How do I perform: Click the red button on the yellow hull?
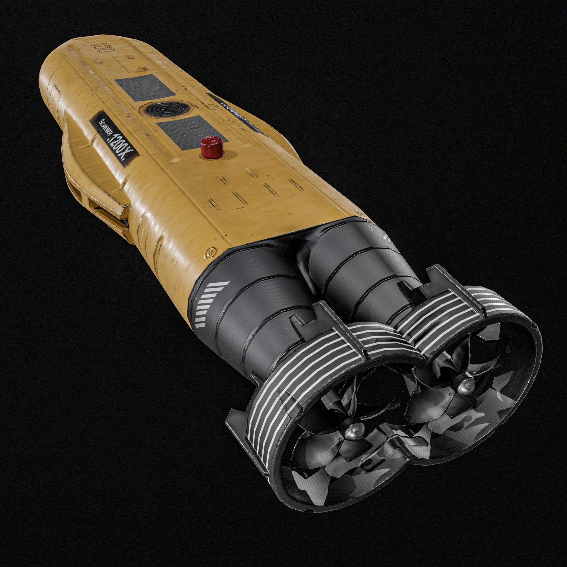point(211,145)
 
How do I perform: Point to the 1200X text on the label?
point(120,146)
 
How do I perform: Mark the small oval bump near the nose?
point(140,68)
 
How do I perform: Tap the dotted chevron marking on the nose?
point(103,48)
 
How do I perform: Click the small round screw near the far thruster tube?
point(358,212)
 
